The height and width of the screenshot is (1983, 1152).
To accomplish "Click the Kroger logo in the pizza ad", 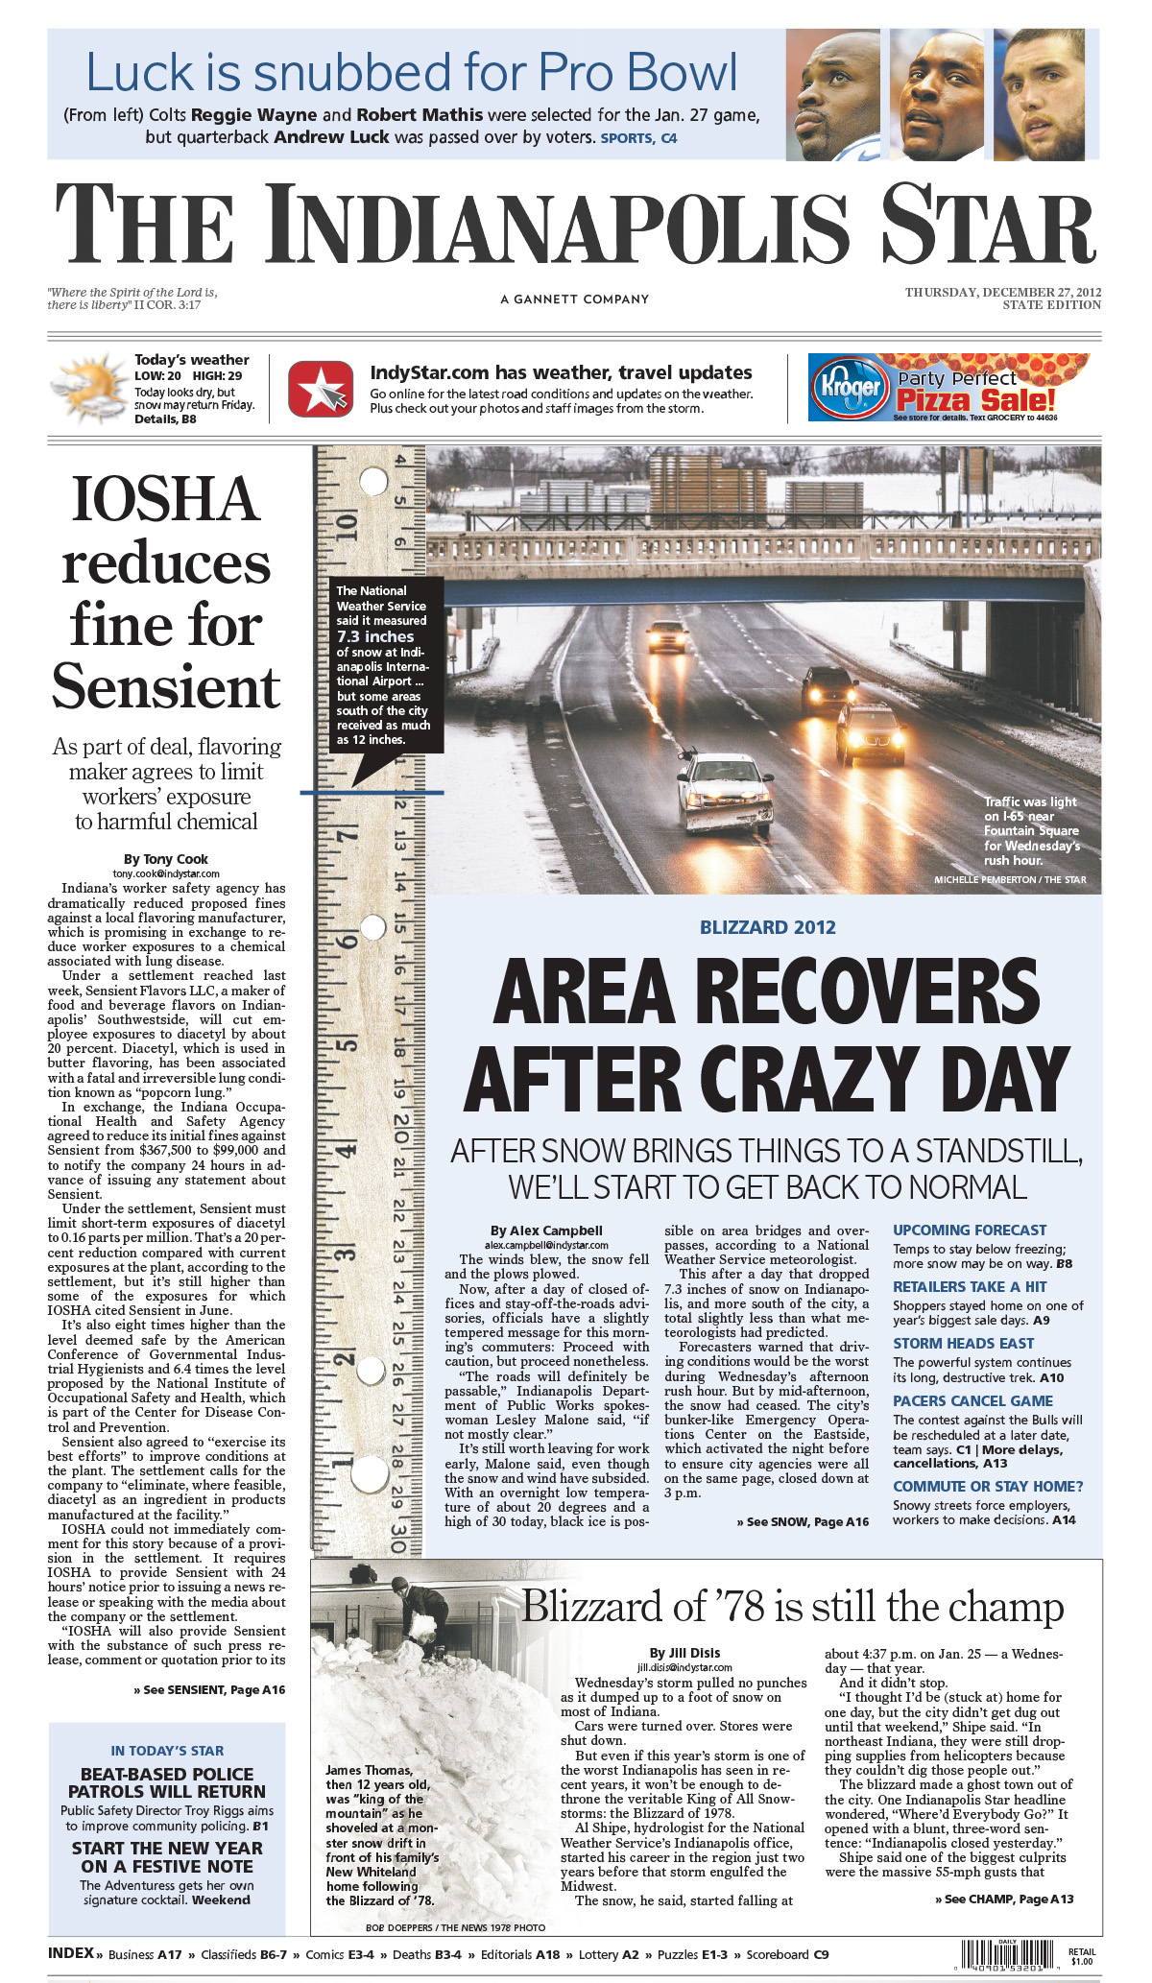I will tap(850, 387).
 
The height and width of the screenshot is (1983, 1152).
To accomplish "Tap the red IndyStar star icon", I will tap(321, 388).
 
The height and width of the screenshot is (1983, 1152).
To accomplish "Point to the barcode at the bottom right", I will tap(1012, 1955).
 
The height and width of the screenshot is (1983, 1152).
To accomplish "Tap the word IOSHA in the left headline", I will tap(166, 500).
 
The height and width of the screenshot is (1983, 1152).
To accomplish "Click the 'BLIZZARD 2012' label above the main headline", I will tap(767, 927).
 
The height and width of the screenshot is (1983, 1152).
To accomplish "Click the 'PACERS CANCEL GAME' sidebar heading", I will tap(972, 1401).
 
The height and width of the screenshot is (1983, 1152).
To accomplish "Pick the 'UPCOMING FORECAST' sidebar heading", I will tap(970, 1230).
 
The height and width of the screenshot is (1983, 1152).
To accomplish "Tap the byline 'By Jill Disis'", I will tap(684, 1653).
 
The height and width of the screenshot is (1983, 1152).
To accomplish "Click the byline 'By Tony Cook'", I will tap(166, 859).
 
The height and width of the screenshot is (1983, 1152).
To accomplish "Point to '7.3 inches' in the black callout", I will tap(375, 636).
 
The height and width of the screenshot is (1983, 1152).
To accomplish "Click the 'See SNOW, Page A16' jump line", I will tap(803, 1521).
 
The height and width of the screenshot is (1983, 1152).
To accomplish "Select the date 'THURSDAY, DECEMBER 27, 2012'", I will tap(1002, 292).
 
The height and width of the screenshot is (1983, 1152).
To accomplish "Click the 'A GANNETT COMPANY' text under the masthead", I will tap(574, 299).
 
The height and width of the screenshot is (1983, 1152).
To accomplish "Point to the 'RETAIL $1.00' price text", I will tap(1081, 1956).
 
